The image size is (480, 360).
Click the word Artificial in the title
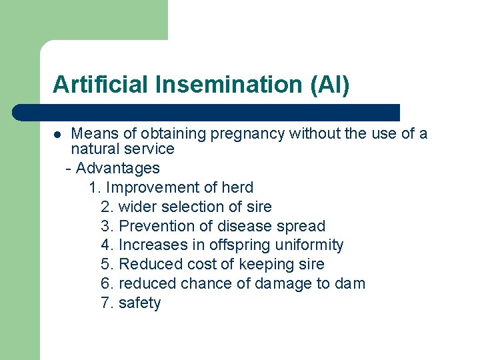click(x=101, y=85)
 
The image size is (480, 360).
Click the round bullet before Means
click(x=57, y=135)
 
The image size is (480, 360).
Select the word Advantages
click(x=118, y=168)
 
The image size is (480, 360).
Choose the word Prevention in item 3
click(x=152, y=226)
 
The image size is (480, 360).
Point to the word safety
click(x=139, y=303)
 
